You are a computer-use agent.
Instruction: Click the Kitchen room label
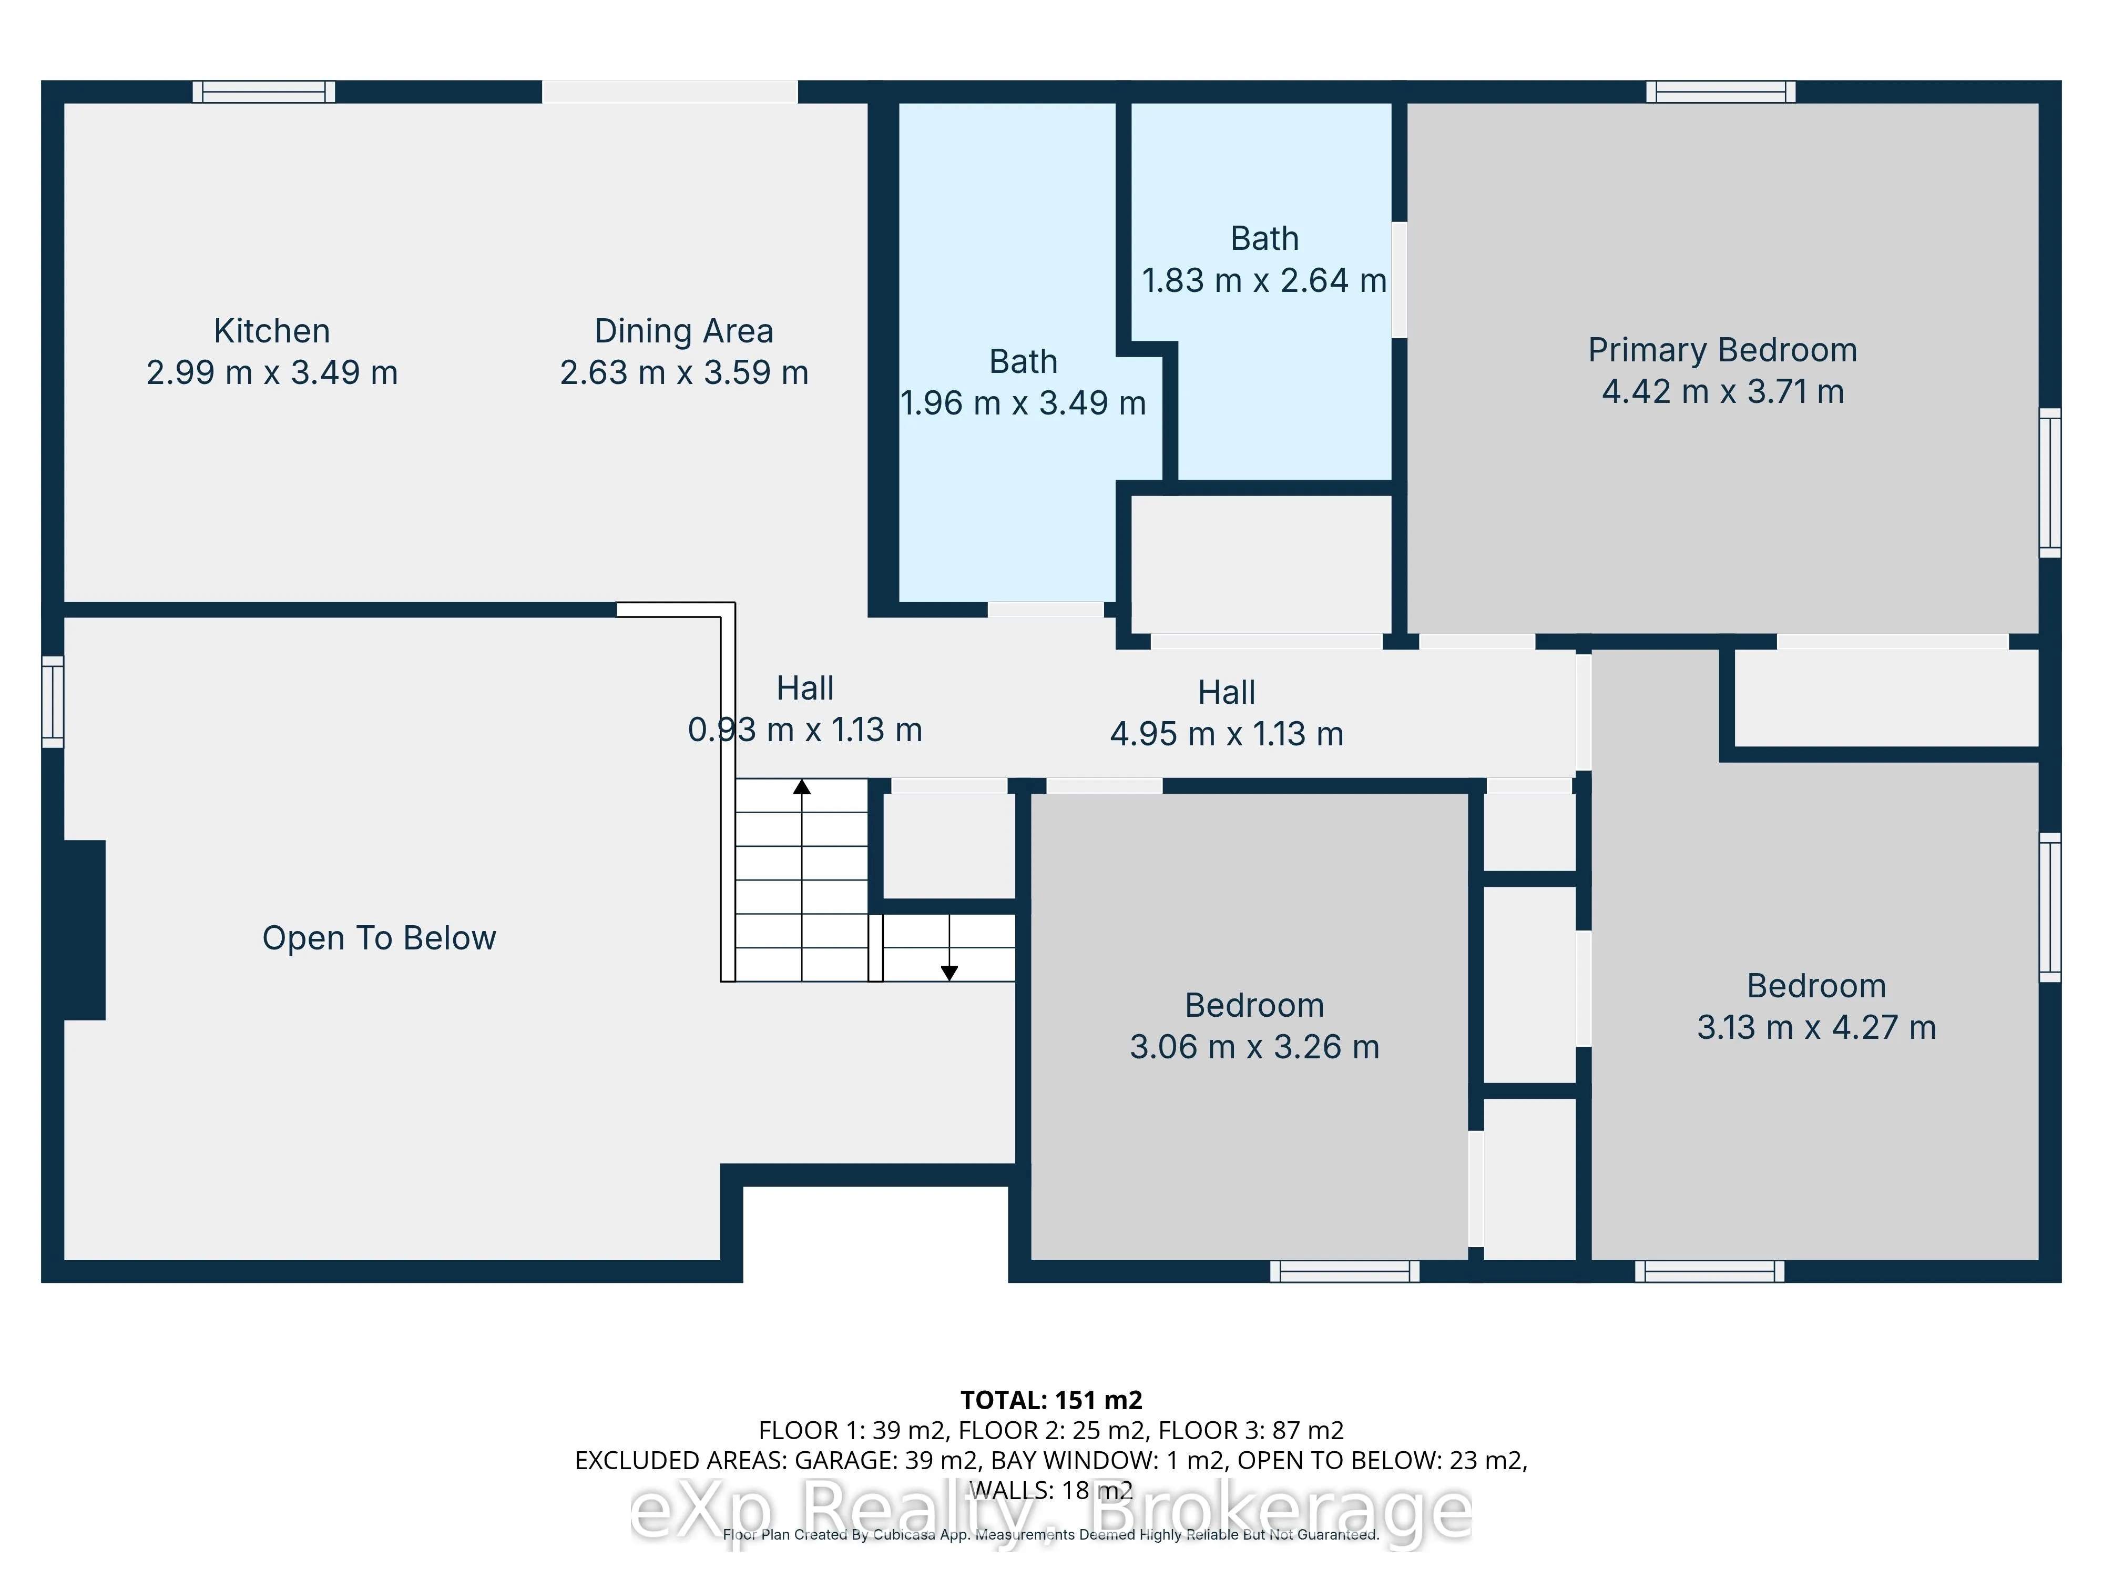pos(272,331)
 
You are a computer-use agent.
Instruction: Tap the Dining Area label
pos(683,331)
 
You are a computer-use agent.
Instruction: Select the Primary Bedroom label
pos(1722,350)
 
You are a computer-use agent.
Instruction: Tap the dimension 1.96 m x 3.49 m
pos(1023,403)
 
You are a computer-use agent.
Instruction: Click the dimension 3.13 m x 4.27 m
pos(1816,1027)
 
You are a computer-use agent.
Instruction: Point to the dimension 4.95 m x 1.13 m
pos(1227,734)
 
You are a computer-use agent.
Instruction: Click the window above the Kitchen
pos(264,92)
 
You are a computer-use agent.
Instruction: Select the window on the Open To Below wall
pos(52,702)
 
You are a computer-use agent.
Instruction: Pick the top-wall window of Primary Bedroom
pos(1721,92)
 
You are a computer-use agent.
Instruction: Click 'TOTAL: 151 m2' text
pos(1051,1400)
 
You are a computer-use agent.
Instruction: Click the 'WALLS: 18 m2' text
pos(1051,1491)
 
